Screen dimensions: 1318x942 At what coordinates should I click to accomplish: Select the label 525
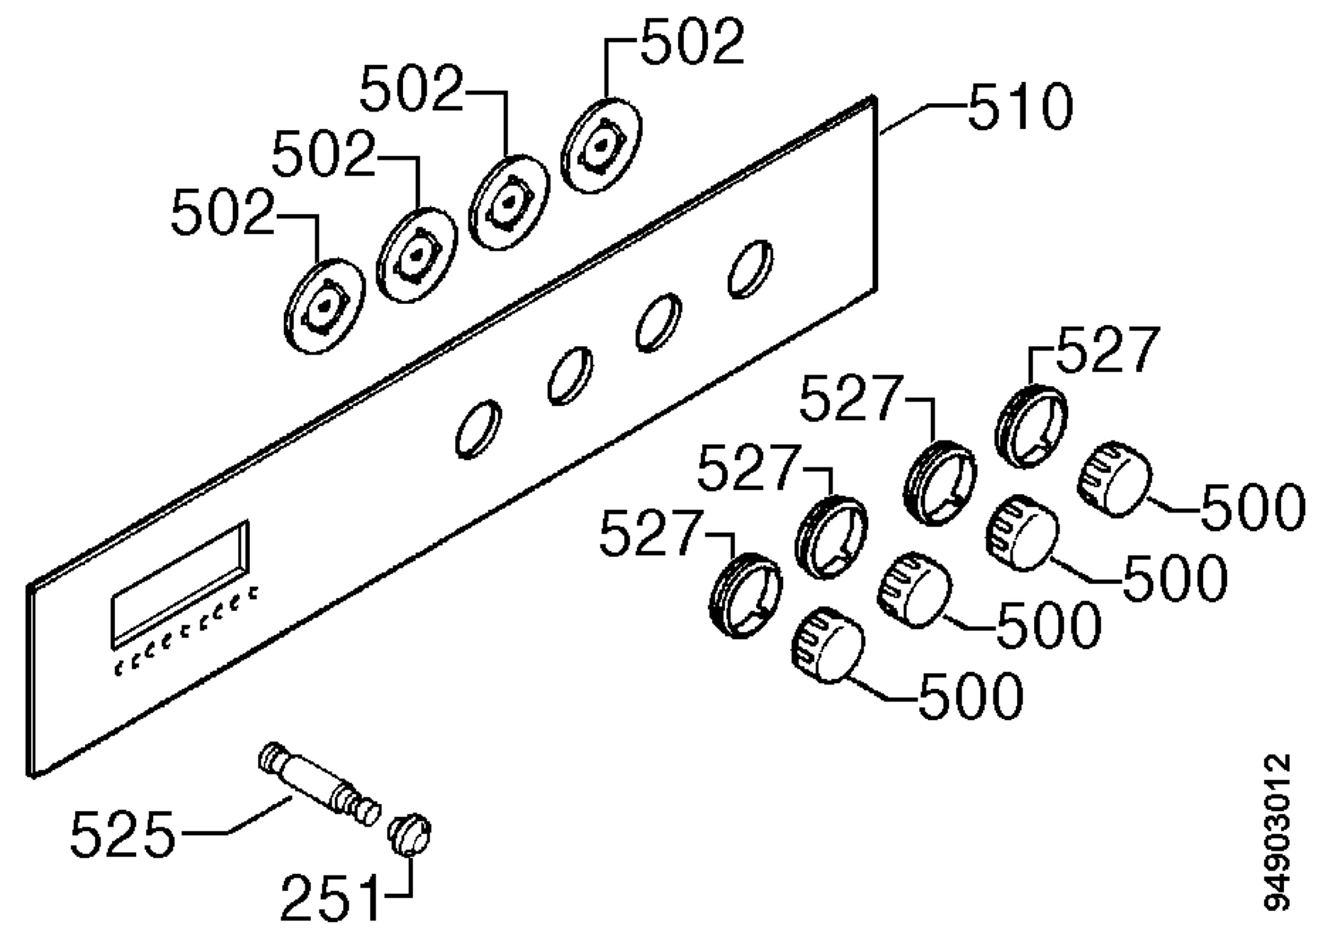click(x=122, y=834)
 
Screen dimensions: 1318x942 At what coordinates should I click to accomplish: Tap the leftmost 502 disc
click(x=325, y=306)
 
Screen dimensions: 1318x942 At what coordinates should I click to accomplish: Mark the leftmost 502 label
click(x=222, y=211)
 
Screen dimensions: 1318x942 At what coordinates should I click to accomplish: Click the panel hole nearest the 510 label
click(x=750, y=270)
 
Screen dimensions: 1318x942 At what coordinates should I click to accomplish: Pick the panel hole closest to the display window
click(x=479, y=429)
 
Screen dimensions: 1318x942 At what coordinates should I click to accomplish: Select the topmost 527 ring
click(x=1031, y=426)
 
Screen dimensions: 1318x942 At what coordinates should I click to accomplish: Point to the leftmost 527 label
click(x=651, y=533)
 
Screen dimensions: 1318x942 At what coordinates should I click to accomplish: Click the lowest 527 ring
click(x=746, y=596)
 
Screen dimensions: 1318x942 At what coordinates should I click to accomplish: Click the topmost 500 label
click(x=1253, y=506)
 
